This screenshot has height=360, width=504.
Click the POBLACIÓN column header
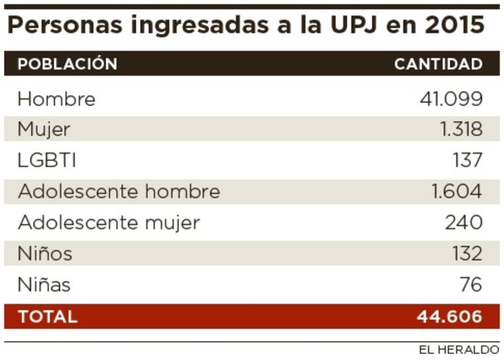pos(67,64)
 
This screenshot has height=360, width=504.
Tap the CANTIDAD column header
pos(438,64)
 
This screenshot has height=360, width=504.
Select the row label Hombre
pos(56,99)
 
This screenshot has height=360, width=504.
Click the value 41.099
pos(451,99)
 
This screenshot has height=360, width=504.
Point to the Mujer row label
pos(44,129)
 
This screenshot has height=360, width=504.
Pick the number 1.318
pos(461,129)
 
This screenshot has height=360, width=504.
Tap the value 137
pos(467,160)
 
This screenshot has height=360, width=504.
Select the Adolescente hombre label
pos(119,192)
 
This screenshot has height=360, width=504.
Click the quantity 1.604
pos(456,192)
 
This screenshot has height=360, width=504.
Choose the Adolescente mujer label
pos(109,223)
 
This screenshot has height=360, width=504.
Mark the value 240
pos(464,223)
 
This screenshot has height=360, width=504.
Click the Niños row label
pos(45,253)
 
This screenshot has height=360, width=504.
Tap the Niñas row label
pos(44,285)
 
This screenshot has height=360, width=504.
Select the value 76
pos(471,285)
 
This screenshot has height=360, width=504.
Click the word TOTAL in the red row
pos(48,317)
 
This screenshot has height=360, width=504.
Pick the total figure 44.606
pos(449,317)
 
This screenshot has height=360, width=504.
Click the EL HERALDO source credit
pos(458,349)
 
